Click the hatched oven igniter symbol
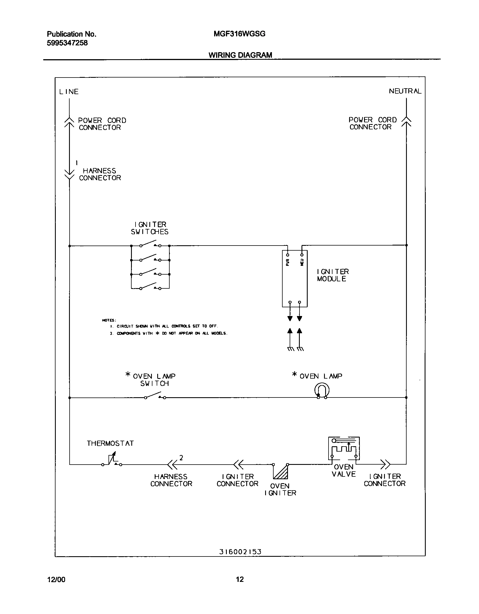[x=281, y=472]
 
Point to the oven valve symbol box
[x=344, y=448]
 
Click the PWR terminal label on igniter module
[x=287, y=262]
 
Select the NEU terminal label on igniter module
[x=302, y=262]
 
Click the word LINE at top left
[x=69, y=92]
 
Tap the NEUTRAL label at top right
[x=405, y=91]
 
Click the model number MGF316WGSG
[x=239, y=34]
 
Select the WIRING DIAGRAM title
[x=240, y=55]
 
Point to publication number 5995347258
[x=67, y=43]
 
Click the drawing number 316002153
[x=240, y=552]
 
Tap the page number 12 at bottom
[x=240, y=579]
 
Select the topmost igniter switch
[x=150, y=244]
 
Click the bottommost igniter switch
[x=150, y=287]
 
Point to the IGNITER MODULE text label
[x=333, y=275]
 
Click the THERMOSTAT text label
[x=110, y=443]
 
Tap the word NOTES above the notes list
[x=109, y=320]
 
